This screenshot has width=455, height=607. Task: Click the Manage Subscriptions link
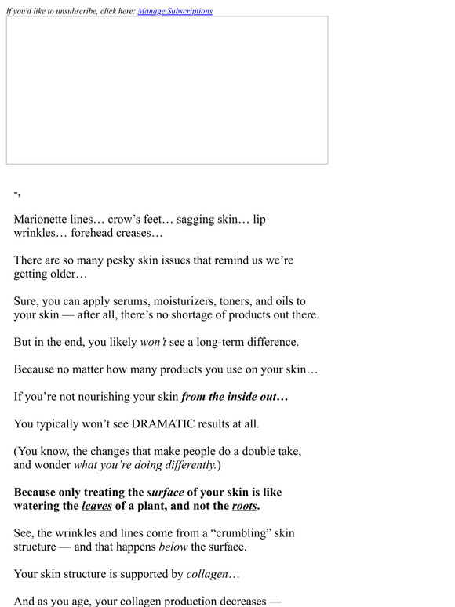click(x=174, y=11)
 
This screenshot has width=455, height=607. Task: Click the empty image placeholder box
click(x=167, y=90)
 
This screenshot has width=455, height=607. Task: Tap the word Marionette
click(x=44, y=220)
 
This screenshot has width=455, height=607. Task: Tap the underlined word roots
click(x=244, y=506)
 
